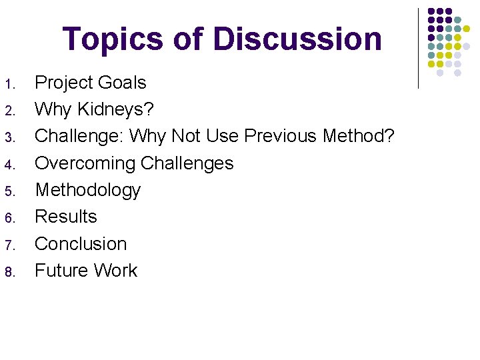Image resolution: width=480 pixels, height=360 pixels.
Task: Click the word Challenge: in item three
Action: (x=79, y=136)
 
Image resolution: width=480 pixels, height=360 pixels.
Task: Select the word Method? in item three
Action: (x=359, y=136)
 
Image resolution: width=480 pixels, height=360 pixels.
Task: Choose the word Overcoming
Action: (x=83, y=163)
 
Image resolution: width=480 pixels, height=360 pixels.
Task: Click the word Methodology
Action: (x=87, y=191)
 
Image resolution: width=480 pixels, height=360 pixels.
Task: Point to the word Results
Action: (x=66, y=217)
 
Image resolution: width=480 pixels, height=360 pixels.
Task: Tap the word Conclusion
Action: (x=81, y=243)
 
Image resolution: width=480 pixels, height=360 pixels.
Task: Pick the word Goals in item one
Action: (x=121, y=83)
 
